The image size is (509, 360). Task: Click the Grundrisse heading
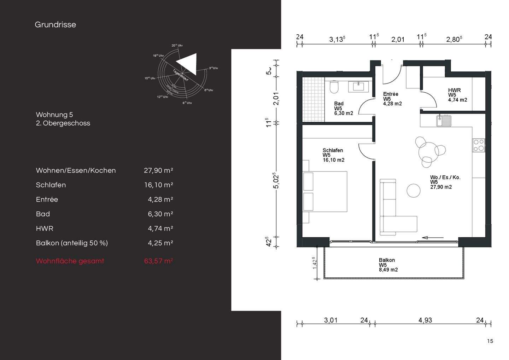(x=55, y=25)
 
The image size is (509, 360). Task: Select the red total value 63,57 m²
(x=158, y=261)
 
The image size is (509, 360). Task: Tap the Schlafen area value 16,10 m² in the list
(x=158, y=185)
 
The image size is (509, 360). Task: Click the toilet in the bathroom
(x=334, y=87)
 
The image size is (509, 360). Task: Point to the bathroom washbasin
(x=359, y=86)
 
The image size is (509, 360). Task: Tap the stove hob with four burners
(x=479, y=145)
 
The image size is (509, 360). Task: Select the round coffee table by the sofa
(x=414, y=191)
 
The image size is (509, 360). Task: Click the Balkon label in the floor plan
(x=387, y=260)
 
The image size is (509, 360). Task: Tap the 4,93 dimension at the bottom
(x=425, y=320)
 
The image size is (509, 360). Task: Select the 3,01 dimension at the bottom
(x=331, y=320)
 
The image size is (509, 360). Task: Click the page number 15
(x=490, y=341)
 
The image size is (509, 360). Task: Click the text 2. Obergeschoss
(x=63, y=123)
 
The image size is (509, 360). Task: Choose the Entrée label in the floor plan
(x=391, y=94)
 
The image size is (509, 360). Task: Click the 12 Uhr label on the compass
(x=163, y=97)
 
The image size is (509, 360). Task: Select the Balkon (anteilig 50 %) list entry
(x=72, y=243)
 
